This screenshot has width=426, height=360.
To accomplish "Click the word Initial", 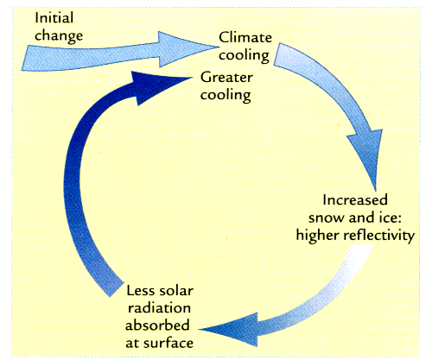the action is click(x=54, y=17).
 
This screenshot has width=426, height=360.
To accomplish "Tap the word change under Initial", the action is click(x=59, y=36).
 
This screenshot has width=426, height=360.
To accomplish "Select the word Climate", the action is click(x=245, y=37).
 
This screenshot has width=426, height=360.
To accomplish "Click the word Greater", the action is click(x=226, y=78).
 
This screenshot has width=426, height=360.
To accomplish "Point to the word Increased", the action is click(x=355, y=200).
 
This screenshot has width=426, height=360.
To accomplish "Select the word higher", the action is click(x=317, y=236).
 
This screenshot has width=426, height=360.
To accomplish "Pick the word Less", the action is click(x=140, y=291).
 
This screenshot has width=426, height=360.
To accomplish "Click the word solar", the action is click(x=175, y=291).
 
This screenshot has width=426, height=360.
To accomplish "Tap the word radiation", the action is click(x=159, y=308).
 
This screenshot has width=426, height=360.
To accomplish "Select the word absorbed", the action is click(x=157, y=325).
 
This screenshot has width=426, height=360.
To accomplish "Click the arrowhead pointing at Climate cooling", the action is click(x=184, y=48).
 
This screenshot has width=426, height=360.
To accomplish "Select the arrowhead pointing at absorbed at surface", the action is click(x=231, y=329).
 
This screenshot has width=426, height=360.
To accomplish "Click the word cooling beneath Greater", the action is click(x=226, y=96).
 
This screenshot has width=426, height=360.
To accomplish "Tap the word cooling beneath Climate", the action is click(x=245, y=56).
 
